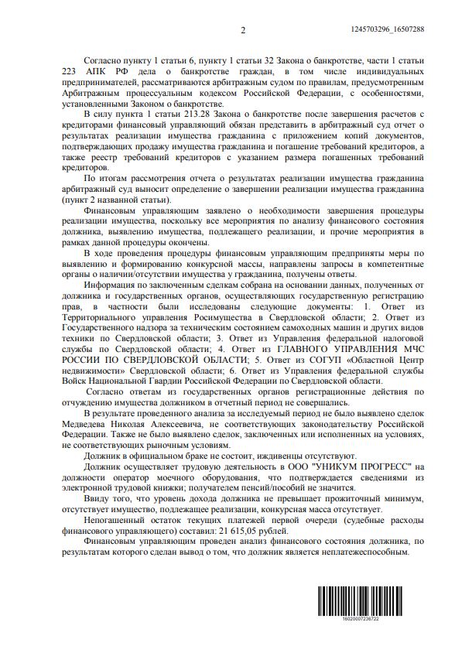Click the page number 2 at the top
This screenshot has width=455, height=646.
(x=243, y=29)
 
